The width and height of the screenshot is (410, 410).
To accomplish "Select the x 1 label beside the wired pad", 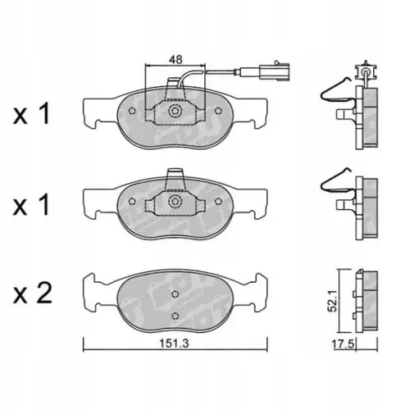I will [x=33, y=114].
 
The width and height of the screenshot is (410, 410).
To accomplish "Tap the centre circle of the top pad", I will [x=174, y=112].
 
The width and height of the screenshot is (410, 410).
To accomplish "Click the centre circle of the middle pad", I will [x=174, y=202].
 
